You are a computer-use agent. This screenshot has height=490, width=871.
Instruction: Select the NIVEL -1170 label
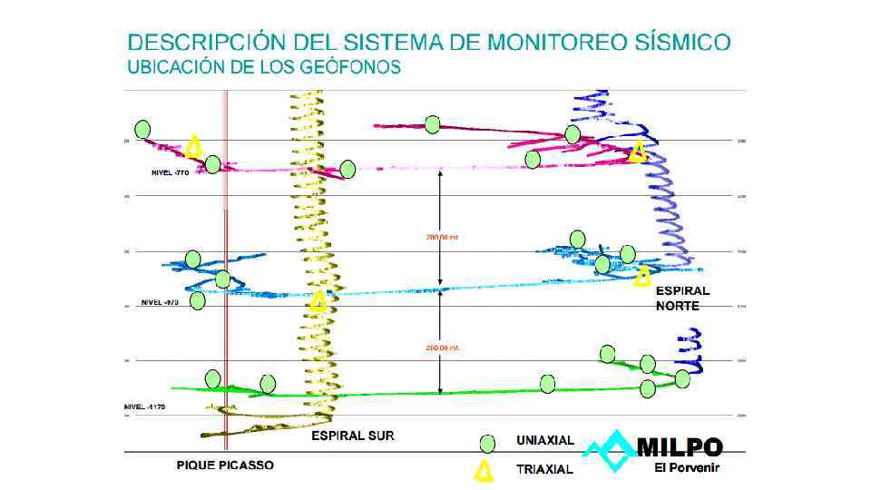pyautogui.click(x=143, y=407)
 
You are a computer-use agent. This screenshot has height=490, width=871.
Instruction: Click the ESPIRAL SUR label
pyautogui.click(x=353, y=436)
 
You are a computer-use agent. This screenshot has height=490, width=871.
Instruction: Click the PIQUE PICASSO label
pyautogui.click(x=225, y=465)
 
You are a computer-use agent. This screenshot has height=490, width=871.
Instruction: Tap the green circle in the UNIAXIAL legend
pyautogui.click(x=487, y=444)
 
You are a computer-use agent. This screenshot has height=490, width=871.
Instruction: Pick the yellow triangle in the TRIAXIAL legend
pyautogui.click(x=484, y=470)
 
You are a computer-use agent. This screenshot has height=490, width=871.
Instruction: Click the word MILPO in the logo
pyautogui.click(x=680, y=448)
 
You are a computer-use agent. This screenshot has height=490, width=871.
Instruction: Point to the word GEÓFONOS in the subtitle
pyautogui.click(x=347, y=68)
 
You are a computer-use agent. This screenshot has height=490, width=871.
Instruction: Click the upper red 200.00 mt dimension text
pyautogui.click(x=444, y=239)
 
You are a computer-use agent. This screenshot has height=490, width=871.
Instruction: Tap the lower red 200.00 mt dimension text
pyautogui.click(x=444, y=348)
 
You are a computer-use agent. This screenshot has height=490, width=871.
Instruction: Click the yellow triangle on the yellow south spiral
pyautogui.click(x=318, y=301)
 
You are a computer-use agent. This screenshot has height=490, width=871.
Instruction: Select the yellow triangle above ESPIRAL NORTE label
pyautogui.click(x=643, y=276)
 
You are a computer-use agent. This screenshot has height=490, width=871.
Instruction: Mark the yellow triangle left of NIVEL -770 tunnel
pyautogui.click(x=193, y=146)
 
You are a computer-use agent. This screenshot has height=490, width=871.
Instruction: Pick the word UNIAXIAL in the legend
pyautogui.click(x=545, y=441)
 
